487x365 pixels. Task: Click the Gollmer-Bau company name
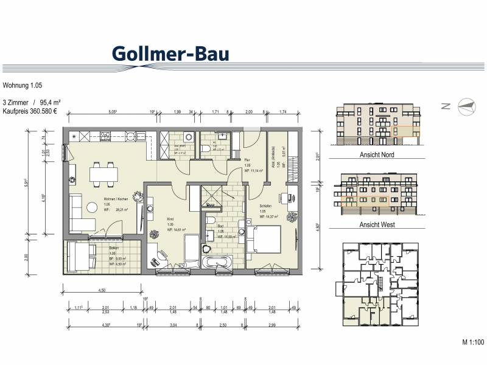tap(170, 53)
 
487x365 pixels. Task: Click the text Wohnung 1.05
tap(23, 86)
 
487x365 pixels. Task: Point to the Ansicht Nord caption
tap(377, 155)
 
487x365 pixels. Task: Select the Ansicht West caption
tap(377, 225)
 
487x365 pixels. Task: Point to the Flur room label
tap(248, 159)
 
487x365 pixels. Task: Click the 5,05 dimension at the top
tap(113, 112)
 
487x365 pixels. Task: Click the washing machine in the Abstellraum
tap(188, 136)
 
